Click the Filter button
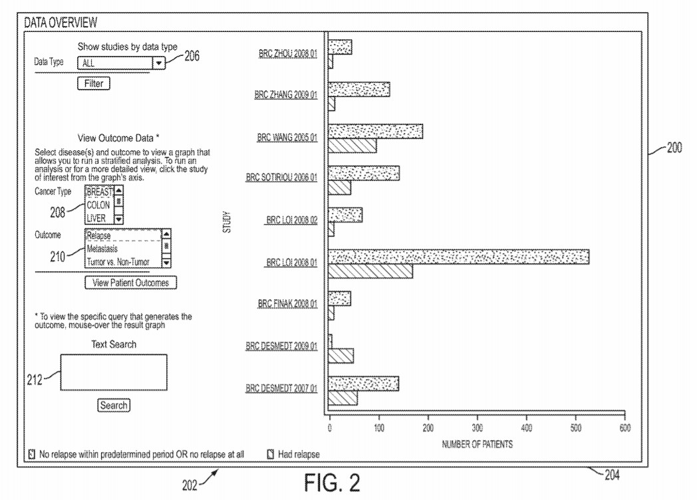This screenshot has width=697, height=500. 93,84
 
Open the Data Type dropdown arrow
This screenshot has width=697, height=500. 159,63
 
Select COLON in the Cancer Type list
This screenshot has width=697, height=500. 98,205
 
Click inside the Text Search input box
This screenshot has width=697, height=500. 114,372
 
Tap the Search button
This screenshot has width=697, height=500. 114,405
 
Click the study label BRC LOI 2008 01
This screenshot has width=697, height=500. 291,263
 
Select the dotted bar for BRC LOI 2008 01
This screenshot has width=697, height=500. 458,256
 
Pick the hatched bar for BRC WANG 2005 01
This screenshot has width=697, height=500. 352,145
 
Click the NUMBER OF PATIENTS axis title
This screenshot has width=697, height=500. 477,443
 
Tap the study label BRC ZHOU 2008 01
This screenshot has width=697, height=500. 287,54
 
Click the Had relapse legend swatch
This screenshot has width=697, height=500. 271,455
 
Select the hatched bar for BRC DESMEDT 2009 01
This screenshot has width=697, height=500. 341,355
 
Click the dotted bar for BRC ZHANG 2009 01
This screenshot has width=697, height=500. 359,89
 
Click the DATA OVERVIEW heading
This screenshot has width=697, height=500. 61,23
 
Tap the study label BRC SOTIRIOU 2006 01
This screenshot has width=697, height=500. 281,178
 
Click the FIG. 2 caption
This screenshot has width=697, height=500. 332,482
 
